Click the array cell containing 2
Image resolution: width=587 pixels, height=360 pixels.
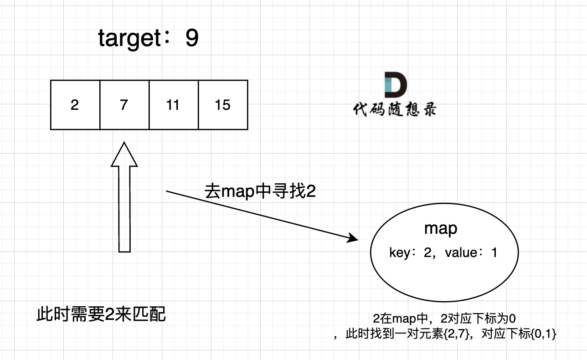(x=75, y=105)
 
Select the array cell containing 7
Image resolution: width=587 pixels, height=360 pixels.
(x=124, y=105)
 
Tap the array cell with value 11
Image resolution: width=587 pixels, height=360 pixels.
(x=173, y=105)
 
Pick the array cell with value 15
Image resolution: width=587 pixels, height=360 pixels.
(x=223, y=105)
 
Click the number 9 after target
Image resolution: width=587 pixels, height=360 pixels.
(x=192, y=39)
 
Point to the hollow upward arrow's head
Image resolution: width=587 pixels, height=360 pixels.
(x=124, y=154)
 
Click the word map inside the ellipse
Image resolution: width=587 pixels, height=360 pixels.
(x=441, y=228)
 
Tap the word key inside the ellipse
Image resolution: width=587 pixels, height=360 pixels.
(x=400, y=252)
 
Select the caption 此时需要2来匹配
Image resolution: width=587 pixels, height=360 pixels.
(x=101, y=314)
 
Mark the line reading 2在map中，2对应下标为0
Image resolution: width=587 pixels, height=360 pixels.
(x=444, y=319)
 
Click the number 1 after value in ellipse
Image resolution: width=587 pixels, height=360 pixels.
(x=494, y=252)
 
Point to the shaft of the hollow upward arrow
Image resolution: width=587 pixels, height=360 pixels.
(x=124, y=210)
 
